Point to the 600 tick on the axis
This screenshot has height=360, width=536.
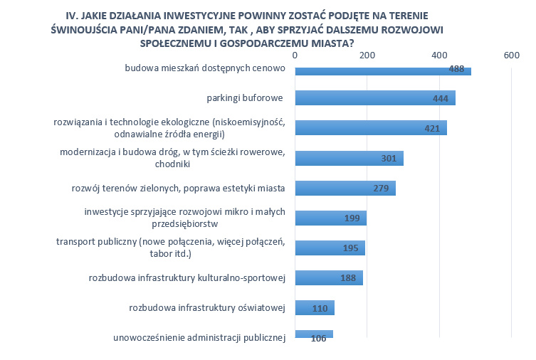point(511,55)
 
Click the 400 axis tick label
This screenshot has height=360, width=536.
point(439,55)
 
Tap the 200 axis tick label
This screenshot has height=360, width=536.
point(367,55)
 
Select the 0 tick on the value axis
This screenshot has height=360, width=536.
point(295,55)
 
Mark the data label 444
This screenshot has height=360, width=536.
point(440,99)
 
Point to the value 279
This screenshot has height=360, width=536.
point(381,189)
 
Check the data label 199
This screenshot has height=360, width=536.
point(352,218)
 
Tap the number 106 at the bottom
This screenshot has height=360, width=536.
point(318,339)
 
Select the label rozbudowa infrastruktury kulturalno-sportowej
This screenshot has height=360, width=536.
point(187,278)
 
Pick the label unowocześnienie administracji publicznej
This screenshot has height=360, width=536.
point(199,338)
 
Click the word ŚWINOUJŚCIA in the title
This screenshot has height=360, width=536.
point(89,29)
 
